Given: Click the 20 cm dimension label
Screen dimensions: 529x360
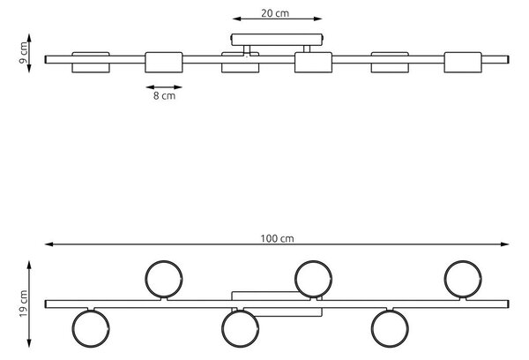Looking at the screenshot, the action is [275, 13].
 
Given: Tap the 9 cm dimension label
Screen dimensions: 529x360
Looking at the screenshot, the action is [24, 53].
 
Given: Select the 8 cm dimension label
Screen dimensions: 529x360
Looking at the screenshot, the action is [164, 95].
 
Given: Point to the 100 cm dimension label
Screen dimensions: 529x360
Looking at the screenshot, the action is [277, 238].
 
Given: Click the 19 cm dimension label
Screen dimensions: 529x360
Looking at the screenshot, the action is [24, 304].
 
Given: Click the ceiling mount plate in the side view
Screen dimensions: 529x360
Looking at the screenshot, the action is [277, 40].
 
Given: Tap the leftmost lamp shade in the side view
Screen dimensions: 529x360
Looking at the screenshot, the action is [91, 63].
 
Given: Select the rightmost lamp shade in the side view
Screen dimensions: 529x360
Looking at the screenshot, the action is [463, 63].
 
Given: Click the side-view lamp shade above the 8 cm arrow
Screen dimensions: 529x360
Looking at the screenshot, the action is [164, 63].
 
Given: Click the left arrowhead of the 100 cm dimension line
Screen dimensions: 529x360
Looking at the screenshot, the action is [48, 244].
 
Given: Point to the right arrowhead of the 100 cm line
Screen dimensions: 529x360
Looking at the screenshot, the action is [504, 244].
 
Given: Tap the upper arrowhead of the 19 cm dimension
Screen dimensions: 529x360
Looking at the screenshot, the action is [29, 265].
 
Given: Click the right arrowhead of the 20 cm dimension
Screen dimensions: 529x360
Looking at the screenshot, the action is [317, 19].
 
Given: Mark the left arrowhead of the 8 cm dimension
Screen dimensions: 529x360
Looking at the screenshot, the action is [150, 87].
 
